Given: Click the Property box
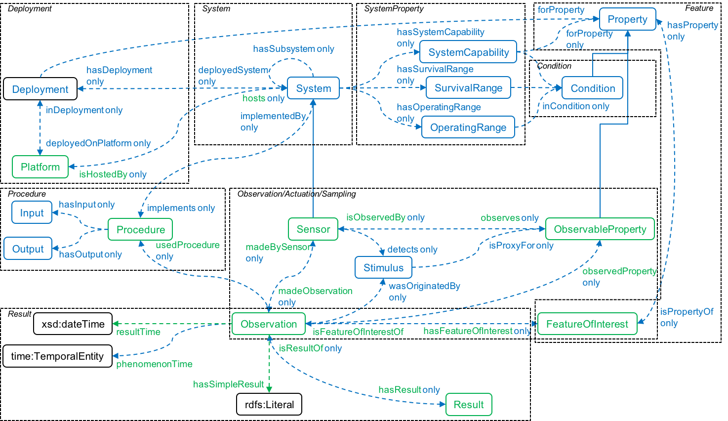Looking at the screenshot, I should tap(627, 19).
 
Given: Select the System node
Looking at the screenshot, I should tap(313, 88).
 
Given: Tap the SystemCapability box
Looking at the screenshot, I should tap(468, 52).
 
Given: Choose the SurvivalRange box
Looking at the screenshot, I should tap(468, 88).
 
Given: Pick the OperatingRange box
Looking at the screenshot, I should tap(468, 127).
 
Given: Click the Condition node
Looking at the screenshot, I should tap(592, 88).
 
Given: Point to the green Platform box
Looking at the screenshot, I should tap(40, 167).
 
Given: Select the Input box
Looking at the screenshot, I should tap(32, 213).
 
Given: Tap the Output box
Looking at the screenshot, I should tap(28, 249).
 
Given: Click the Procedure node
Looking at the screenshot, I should tap(140, 230).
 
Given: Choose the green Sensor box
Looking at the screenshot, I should tap(313, 229).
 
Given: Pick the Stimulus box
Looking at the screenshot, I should tap(383, 268).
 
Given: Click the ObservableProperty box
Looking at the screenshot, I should tap(600, 229).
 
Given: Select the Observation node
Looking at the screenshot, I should tap(269, 324).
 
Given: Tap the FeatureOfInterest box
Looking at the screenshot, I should tap(587, 324).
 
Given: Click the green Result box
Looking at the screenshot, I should tap(468, 405).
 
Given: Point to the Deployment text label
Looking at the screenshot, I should tap(40, 89).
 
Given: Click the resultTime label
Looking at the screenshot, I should tap(138, 332).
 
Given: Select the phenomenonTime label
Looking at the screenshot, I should tap(154, 364).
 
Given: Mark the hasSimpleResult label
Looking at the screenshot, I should tap(228, 384).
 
